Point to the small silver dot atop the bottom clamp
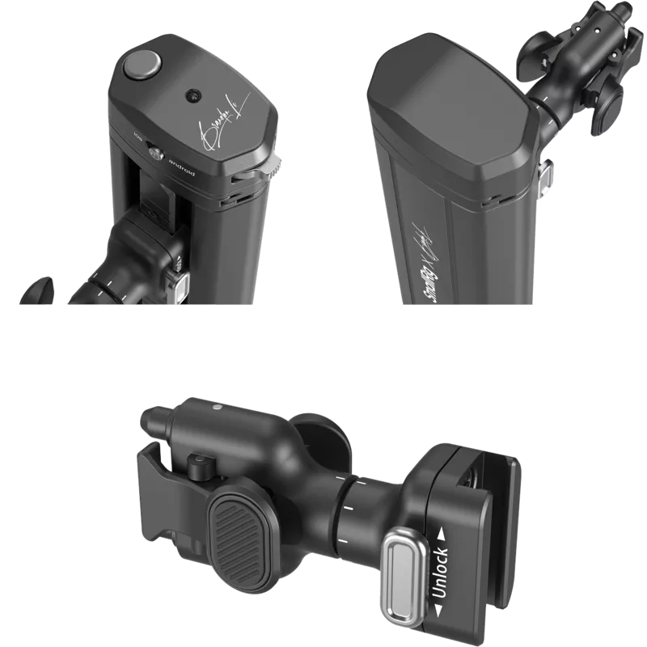tap(216, 410)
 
